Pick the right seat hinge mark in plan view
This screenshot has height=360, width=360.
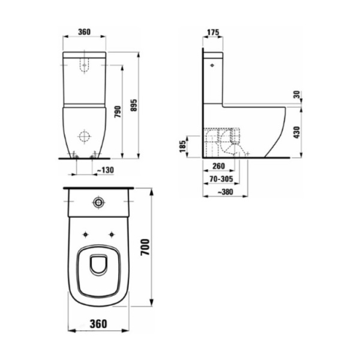[x=112, y=233]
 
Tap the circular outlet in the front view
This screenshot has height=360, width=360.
[x=85, y=134]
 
